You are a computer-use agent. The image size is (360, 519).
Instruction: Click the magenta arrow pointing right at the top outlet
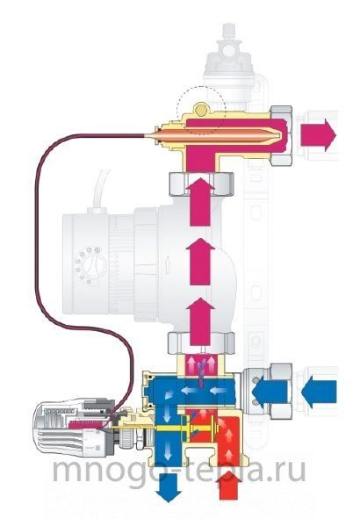pyautogui.click(x=318, y=135)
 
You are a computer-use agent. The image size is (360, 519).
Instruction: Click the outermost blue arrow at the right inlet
pyautogui.click(x=320, y=392)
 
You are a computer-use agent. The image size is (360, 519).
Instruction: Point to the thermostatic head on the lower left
pyautogui.click(x=74, y=429)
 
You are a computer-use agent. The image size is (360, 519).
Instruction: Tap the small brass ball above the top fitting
pyautogui.click(x=200, y=111)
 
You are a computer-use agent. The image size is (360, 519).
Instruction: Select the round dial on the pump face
pyautogui.click(x=94, y=265)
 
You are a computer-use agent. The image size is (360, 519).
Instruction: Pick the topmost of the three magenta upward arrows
pyautogui.click(x=200, y=201)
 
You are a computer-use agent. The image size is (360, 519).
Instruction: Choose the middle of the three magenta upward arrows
pyautogui.click(x=200, y=261)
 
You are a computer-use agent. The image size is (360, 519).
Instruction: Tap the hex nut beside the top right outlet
pyautogui.click(x=281, y=135)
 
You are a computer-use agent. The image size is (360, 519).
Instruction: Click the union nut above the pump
pyautogui.click(x=201, y=184)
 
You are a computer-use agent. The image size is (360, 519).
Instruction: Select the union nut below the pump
pyautogui.click(x=201, y=343)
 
